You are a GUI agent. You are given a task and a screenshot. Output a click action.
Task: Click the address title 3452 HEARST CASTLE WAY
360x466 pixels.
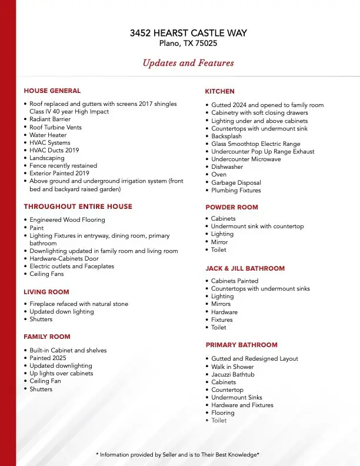tap(188, 33)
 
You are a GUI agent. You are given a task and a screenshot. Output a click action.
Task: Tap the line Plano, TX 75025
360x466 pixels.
tap(188, 43)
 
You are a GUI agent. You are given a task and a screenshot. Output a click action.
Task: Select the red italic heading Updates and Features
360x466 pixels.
tap(188, 63)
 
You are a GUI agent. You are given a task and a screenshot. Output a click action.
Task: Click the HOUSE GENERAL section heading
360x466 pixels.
tap(52, 91)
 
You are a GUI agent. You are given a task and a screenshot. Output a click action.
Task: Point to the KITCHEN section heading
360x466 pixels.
tap(219, 91)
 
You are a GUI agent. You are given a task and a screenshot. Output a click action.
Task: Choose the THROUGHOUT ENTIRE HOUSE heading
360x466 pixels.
tap(78, 207)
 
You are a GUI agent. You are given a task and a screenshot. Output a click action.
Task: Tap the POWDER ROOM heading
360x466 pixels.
tap(231, 207)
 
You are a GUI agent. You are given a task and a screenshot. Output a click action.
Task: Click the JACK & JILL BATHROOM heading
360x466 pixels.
tap(245, 268)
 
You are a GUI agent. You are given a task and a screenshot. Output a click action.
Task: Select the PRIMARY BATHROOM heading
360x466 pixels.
tap(241, 345)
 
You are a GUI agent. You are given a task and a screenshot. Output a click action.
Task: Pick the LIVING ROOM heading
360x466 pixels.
tap(46, 292)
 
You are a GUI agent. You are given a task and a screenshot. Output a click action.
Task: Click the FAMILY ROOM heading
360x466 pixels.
tap(46, 337)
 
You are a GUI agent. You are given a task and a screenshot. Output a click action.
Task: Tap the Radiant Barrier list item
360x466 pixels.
tap(50, 119)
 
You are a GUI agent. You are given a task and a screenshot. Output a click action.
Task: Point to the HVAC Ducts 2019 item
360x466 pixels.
tap(54, 150)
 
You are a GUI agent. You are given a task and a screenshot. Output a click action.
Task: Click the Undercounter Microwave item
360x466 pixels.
tap(246, 159)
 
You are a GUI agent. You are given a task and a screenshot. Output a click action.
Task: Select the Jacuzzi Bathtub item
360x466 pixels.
tap(233, 374)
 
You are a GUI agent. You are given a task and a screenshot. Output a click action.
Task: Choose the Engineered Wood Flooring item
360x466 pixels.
tap(67, 220)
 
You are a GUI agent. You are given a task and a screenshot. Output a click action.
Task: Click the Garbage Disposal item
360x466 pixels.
tap(235, 182)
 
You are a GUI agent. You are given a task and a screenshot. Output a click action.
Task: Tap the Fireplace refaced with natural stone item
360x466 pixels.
tap(79, 304)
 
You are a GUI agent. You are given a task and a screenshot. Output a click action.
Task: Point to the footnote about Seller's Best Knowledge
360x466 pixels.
tap(177, 455)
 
